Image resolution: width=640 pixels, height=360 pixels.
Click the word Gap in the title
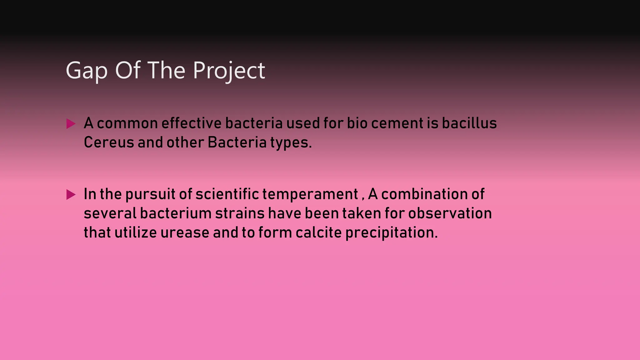(87, 71)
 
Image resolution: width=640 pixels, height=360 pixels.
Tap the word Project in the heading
(229, 71)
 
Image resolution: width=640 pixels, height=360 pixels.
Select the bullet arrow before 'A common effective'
(71, 124)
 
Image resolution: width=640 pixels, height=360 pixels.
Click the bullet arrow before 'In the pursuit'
(71, 195)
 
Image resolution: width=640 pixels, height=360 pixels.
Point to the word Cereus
(109, 142)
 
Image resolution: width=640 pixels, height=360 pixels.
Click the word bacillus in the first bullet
(469, 123)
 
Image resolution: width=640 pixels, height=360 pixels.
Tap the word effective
(191, 123)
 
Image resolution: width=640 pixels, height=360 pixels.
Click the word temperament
(310, 194)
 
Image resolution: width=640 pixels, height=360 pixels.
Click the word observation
(450, 213)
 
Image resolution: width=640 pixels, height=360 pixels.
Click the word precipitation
(391, 233)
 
